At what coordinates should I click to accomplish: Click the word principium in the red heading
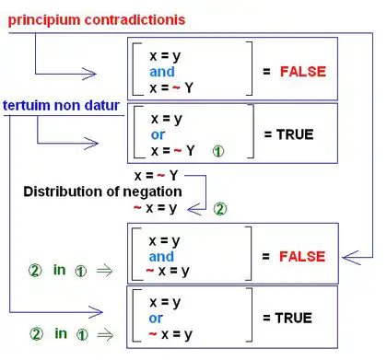pos(44,20)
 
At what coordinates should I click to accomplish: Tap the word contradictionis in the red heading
pos(135,19)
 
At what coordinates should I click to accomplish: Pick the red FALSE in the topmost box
pos(303,72)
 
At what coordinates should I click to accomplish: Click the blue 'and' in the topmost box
pos(162,72)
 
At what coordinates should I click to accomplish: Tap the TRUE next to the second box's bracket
pos(295,134)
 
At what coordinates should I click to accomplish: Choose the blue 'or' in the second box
pos(158,134)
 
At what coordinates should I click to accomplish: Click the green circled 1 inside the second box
pos(218,151)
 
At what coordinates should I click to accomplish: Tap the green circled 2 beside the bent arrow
pos(220,209)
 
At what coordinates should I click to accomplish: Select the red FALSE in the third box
pos(302,256)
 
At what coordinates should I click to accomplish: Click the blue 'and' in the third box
pos(161,257)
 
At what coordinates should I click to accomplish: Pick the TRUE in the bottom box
pos(294,318)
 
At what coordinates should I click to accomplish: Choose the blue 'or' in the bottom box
pos(156,319)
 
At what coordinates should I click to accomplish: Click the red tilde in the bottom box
pos(153,333)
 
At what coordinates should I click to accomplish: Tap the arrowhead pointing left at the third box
pos(351,258)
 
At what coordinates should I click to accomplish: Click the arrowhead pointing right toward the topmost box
pos(89,74)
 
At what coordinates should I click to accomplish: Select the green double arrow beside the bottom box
pos(105,334)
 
